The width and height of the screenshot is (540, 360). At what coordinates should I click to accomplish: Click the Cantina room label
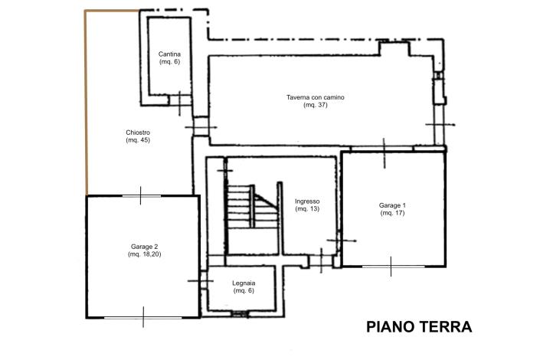tap(169, 54)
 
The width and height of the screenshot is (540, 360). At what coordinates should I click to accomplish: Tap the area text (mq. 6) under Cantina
tap(169, 61)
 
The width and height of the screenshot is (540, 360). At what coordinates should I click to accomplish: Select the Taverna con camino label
tap(315, 97)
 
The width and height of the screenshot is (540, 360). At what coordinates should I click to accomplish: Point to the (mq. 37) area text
tap(315, 105)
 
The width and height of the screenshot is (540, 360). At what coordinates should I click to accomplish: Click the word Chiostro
tap(138, 133)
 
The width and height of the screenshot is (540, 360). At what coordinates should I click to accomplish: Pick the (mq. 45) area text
tap(138, 140)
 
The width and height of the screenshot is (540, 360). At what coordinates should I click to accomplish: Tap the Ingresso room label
tap(307, 201)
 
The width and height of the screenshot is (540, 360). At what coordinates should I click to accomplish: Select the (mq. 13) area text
tap(307, 209)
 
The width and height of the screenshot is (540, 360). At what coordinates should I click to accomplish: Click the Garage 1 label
tap(392, 205)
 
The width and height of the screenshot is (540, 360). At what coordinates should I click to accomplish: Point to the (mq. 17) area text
tap(392, 213)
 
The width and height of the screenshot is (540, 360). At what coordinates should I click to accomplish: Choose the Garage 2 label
tap(144, 247)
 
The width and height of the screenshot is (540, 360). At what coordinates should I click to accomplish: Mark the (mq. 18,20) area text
tap(144, 254)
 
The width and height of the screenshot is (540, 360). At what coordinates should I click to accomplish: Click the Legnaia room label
tap(244, 283)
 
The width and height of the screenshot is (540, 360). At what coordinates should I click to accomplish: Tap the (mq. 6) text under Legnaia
tap(244, 291)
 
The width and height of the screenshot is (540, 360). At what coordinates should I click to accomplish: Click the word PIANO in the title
tap(391, 327)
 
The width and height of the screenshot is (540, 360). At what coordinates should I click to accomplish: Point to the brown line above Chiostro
tap(111, 11)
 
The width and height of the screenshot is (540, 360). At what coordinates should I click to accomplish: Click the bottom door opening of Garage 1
tap(391, 267)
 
